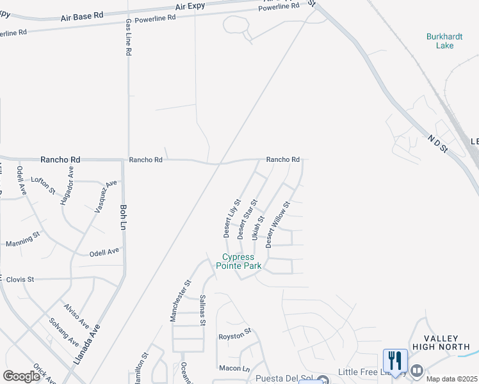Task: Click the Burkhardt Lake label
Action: pyautogui.click(x=440, y=41)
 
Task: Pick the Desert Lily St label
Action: pyautogui.click(x=231, y=218)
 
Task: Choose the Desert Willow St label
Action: pyautogui.click(x=278, y=224)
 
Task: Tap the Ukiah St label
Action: pyautogui.click(x=257, y=227)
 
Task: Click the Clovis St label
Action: pyautogui.click(x=20, y=280)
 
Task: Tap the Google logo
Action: pyautogui.click(x=21, y=376)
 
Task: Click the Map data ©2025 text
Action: pyautogui.click(x=452, y=379)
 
